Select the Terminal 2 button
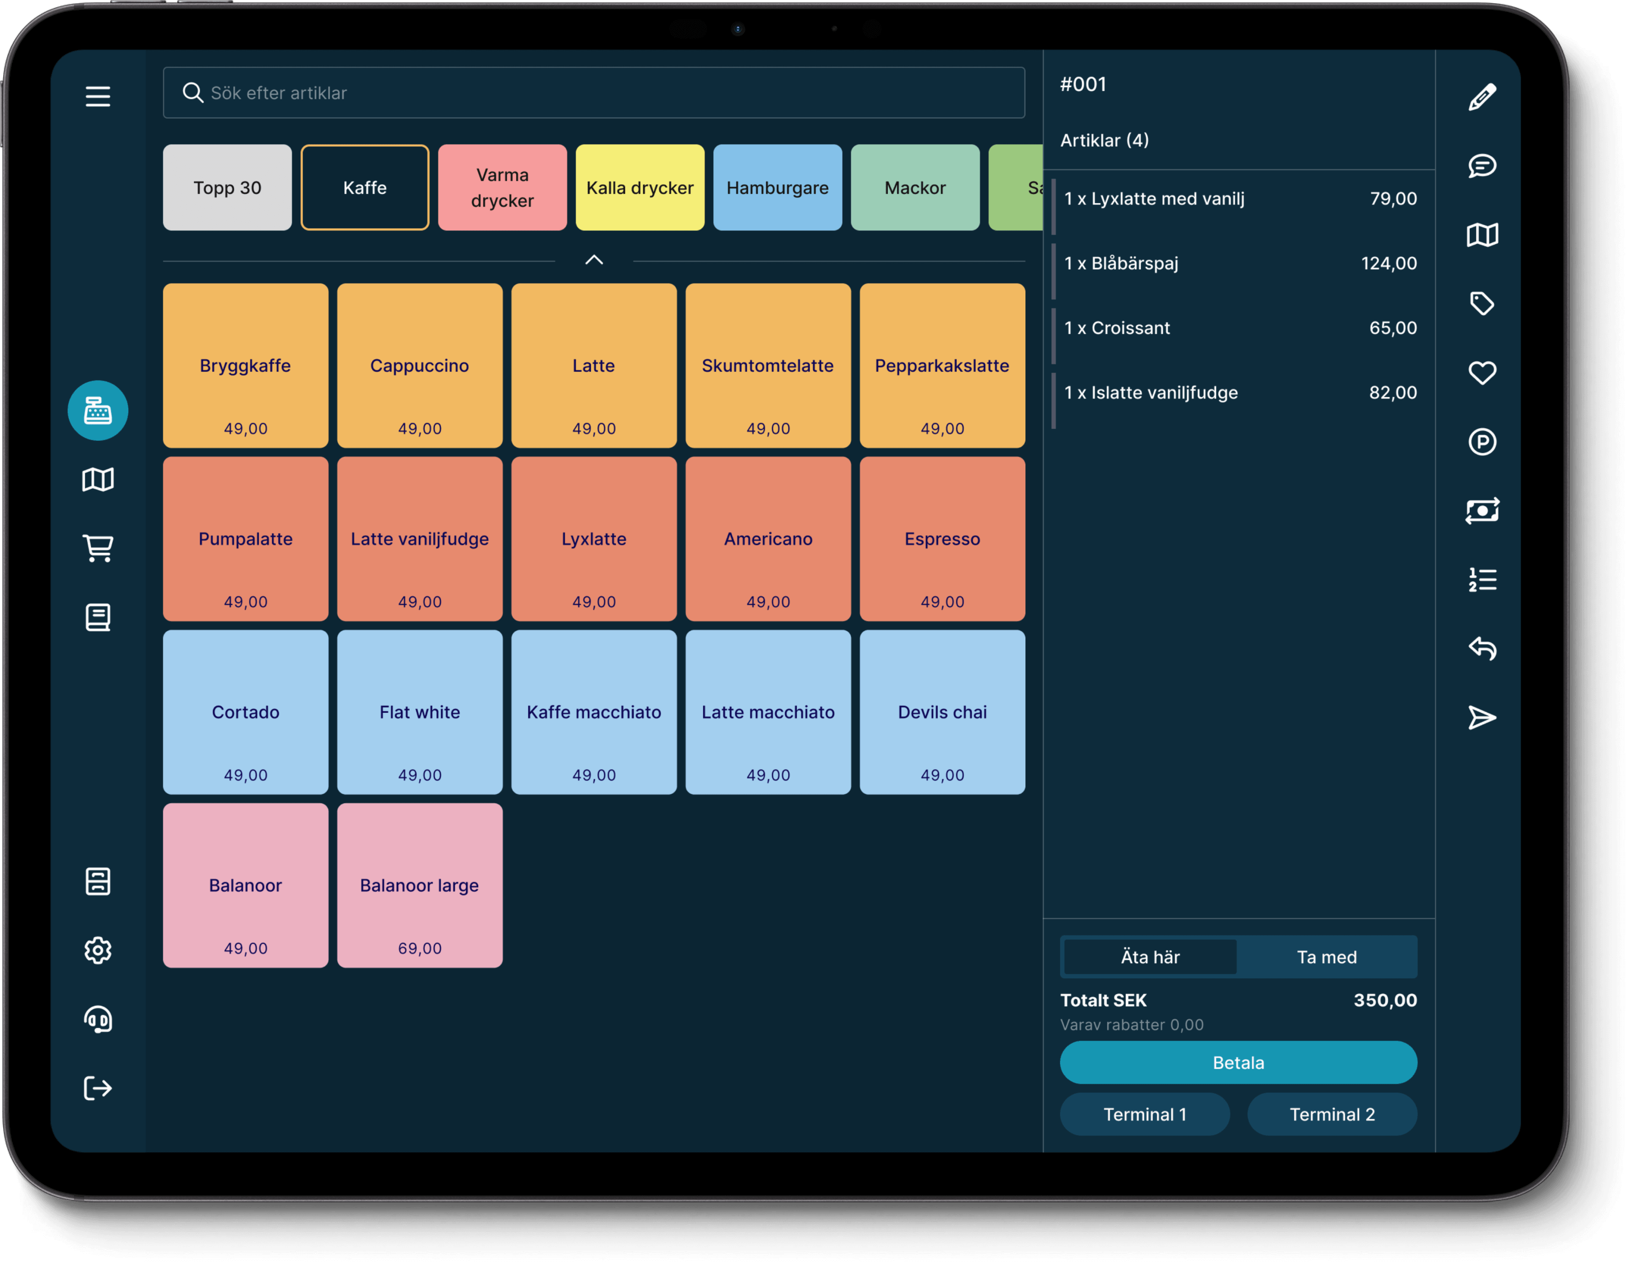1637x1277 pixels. pyautogui.click(x=1331, y=1114)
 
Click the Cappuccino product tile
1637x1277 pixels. pyautogui.click(x=419, y=366)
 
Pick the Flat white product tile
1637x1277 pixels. pyautogui.click(x=419, y=712)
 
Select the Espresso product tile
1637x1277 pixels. pyautogui.click(x=942, y=539)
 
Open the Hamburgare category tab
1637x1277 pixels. pyautogui.click(x=777, y=187)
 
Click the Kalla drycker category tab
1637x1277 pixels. pyautogui.click(x=639, y=187)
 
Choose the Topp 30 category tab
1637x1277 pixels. pyautogui.click(x=227, y=187)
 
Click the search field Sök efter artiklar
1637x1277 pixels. pyautogui.click(x=594, y=93)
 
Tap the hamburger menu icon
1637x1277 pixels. pyautogui.click(x=98, y=96)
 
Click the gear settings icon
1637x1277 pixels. pyautogui.click(x=98, y=950)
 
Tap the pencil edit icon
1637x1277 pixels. pyautogui.click(x=1482, y=97)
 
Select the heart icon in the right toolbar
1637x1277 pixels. pyautogui.click(x=1482, y=372)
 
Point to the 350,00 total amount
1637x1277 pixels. pyautogui.click(x=1385, y=1000)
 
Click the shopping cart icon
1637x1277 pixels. pyautogui.click(x=98, y=548)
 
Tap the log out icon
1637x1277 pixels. pyautogui.click(x=98, y=1088)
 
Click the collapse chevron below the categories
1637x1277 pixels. pyautogui.click(x=594, y=260)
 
